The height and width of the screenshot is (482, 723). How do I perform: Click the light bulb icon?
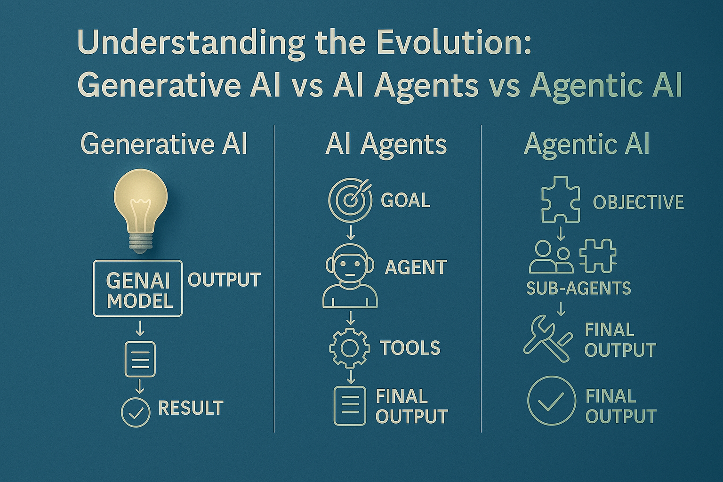click(x=141, y=210)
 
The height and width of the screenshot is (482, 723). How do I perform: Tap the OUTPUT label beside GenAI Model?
click(x=224, y=280)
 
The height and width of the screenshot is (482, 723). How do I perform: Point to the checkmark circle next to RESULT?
click(x=136, y=413)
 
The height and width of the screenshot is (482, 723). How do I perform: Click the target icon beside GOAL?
click(x=350, y=200)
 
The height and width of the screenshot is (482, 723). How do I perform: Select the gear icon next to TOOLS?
click(x=350, y=348)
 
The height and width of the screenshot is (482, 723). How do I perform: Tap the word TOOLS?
click(x=410, y=348)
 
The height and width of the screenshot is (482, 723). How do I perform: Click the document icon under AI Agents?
click(x=350, y=406)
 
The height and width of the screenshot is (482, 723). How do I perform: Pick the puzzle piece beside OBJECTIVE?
click(x=561, y=200)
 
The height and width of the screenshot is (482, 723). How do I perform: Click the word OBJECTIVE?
click(x=638, y=202)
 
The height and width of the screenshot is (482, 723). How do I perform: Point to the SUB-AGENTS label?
click(x=578, y=288)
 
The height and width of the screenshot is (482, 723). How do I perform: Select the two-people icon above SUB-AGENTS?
click(x=551, y=257)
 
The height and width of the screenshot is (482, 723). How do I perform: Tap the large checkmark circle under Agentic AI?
click(x=551, y=401)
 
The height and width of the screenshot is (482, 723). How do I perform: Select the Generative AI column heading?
click(x=164, y=144)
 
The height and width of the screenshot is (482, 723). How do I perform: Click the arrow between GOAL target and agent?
click(x=351, y=233)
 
